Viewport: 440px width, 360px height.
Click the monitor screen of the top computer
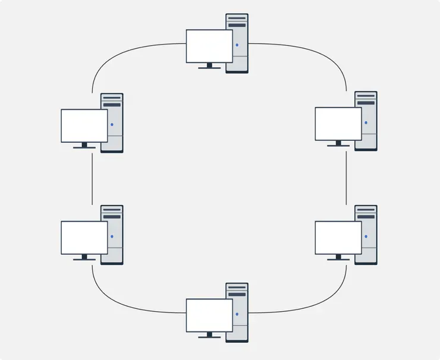[209, 46]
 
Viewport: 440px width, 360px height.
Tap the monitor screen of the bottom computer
[209, 315]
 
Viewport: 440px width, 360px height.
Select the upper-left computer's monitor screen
[84, 125]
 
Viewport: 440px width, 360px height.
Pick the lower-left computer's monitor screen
[84, 238]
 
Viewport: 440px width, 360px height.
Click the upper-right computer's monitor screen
[338, 124]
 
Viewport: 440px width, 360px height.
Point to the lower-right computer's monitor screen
[338, 238]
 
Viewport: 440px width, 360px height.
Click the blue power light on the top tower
[237, 45]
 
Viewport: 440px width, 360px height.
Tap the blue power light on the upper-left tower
[112, 125]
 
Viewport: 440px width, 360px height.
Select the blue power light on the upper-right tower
[366, 123]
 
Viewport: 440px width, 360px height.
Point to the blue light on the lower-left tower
[112, 237]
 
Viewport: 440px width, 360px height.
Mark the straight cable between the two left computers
[92, 178]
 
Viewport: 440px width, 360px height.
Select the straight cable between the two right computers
[346, 177]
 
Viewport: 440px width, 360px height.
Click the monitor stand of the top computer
[209, 66]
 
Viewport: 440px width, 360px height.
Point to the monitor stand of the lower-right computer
[338, 257]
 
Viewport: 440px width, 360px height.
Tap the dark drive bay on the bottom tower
[237, 293]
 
